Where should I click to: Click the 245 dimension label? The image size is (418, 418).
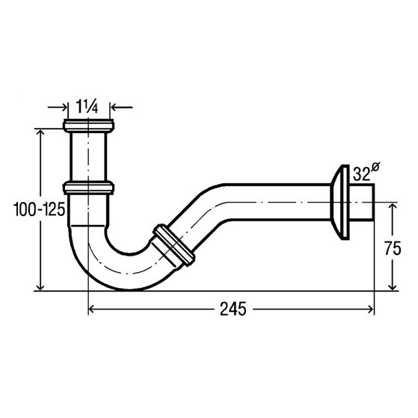(233, 310)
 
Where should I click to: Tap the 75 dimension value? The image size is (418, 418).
(393, 249)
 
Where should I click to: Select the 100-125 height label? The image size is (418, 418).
(39, 209)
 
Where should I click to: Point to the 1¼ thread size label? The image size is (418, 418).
(87, 106)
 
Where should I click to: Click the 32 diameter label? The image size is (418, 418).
(362, 175)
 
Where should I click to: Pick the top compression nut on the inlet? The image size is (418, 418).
(88, 126)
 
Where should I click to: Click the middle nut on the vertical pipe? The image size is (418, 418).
(88, 188)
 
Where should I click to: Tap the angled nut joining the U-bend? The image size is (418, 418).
(173, 245)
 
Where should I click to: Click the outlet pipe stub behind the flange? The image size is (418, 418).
(361, 202)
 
